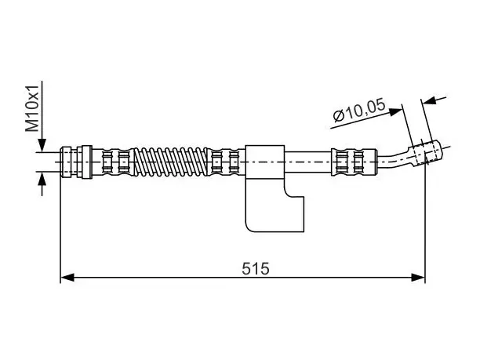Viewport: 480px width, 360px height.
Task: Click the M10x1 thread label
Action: [32, 108]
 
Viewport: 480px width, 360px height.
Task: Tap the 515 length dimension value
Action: [256, 268]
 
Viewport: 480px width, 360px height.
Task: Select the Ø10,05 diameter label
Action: [359, 111]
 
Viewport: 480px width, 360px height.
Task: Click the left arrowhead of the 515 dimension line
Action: [67, 278]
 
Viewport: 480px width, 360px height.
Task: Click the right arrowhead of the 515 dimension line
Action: [418, 278]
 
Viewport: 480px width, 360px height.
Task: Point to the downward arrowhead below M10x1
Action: [42, 145]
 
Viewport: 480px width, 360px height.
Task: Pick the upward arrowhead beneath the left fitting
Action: [42, 179]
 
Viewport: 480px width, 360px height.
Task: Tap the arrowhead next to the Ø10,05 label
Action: [395, 111]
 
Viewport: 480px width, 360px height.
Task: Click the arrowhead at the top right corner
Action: [429, 101]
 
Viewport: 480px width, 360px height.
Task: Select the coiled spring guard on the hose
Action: [171, 162]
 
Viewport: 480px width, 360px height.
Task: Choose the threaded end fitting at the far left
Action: [66, 162]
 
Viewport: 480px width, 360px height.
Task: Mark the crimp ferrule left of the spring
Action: [113, 162]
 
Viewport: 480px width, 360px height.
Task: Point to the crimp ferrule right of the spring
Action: [227, 162]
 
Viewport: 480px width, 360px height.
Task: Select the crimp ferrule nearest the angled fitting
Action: [354, 162]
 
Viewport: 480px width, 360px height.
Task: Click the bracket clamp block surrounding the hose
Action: [265, 162]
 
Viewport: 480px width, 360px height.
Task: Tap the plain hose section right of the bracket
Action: [308, 162]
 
